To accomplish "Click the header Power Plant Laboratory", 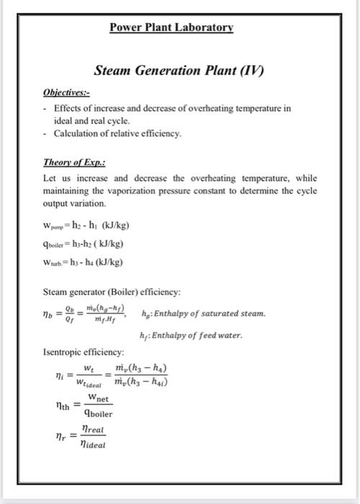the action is pos(171,28).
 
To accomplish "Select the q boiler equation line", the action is pos(86,243).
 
